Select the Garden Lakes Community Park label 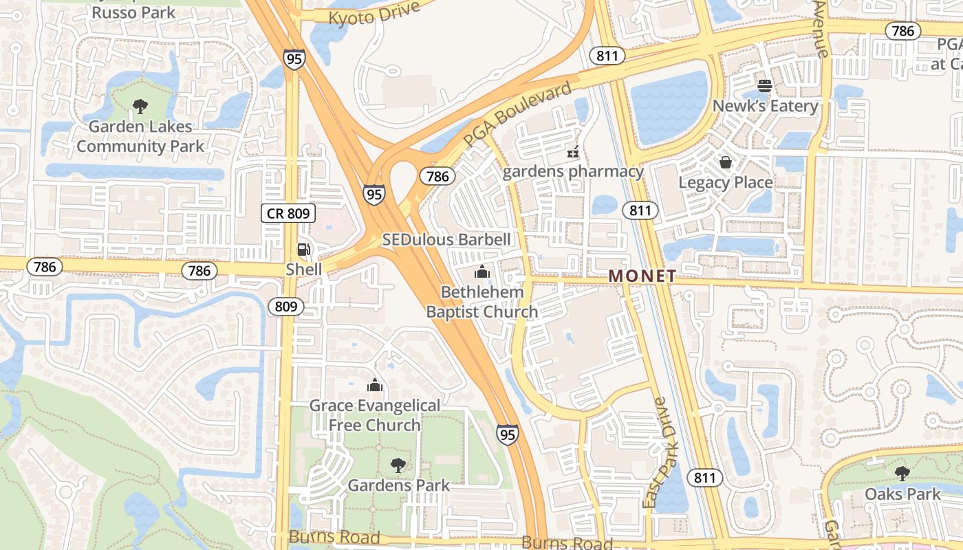pos(140,136)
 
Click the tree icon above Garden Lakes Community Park pos(140,106)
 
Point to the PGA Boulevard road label pos(517,114)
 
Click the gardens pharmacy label pos(573,171)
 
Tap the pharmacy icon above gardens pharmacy pos(572,151)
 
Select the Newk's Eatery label pos(765,106)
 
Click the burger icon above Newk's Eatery pos(765,86)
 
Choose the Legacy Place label pos(725,182)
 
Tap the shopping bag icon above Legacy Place pos(725,162)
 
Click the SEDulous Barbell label pos(446,239)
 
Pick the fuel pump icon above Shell pos(303,249)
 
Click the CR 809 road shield pos(288,213)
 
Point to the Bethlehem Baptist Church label pos(482,302)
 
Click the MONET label pos(642,276)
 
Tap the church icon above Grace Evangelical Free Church pos(374,385)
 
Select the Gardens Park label pos(398,485)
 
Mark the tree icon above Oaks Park pos(902,474)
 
